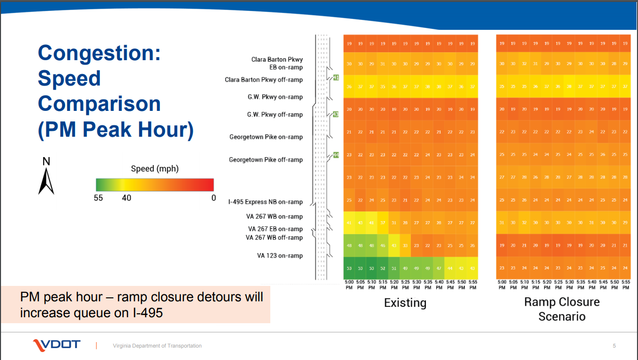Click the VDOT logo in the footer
tap(56, 345)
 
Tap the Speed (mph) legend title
tap(155, 169)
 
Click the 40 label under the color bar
tap(127, 197)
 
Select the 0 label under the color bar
tap(214, 197)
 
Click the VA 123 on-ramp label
tap(280, 256)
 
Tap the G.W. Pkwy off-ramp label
tap(275, 114)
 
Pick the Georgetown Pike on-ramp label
tap(266, 137)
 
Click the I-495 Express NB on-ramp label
tap(265, 202)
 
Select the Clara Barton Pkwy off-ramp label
tap(263, 80)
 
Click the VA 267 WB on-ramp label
tap(275, 216)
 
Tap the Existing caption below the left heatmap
tap(405, 302)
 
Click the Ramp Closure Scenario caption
tap(562, 309)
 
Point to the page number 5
tap(614, 346)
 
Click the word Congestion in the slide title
tap(99, 53)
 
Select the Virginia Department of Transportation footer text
tap(157, 346)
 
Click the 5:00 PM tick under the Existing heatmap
tap(349, 284)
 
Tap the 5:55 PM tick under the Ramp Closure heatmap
tap(626, 284)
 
